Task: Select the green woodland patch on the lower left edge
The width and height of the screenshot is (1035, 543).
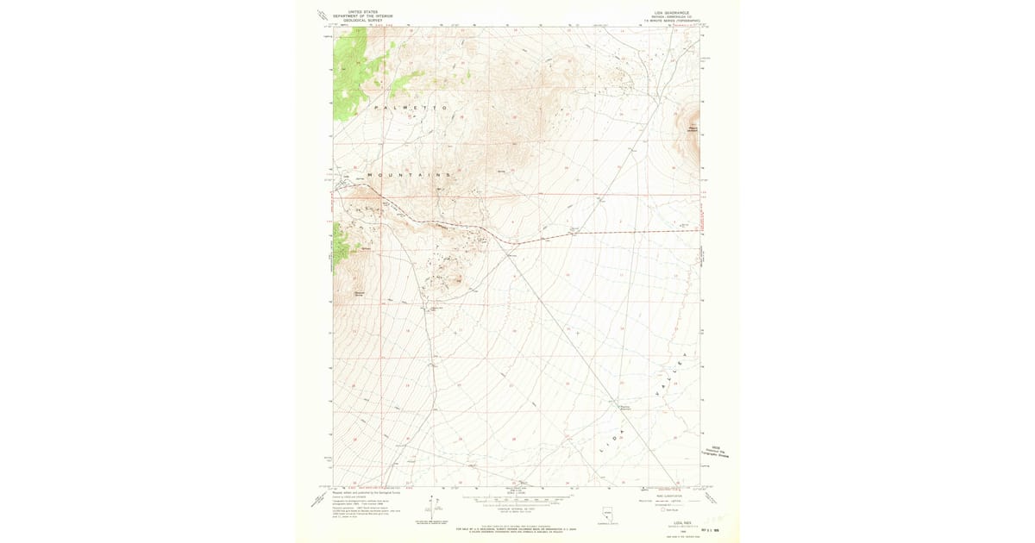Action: [342, 241]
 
